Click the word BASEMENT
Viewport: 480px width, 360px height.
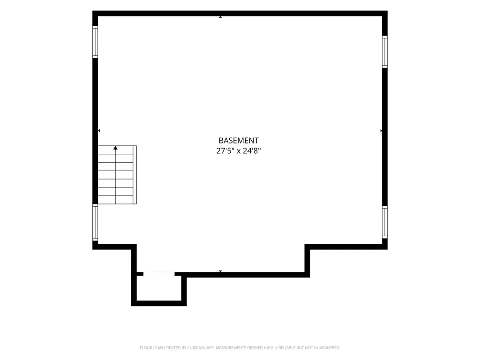239,141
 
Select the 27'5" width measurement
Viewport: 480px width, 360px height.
225,150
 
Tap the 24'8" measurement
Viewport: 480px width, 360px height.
252,150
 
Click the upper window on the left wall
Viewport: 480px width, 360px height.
95,42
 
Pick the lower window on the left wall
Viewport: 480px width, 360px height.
95,222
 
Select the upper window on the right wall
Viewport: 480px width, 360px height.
385,52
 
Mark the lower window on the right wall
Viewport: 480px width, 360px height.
385,222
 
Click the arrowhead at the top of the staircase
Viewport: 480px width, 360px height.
115,148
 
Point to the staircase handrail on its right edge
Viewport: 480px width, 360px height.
135,175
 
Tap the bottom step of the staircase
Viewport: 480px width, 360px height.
115,200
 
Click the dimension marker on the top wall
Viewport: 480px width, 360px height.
220,17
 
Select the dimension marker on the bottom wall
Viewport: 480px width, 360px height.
220,271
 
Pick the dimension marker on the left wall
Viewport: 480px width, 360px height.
99,131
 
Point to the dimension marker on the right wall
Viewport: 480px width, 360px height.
381,131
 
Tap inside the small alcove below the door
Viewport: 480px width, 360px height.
159,288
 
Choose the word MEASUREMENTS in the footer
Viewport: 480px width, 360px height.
231,348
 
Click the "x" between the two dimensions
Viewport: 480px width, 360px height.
238,151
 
